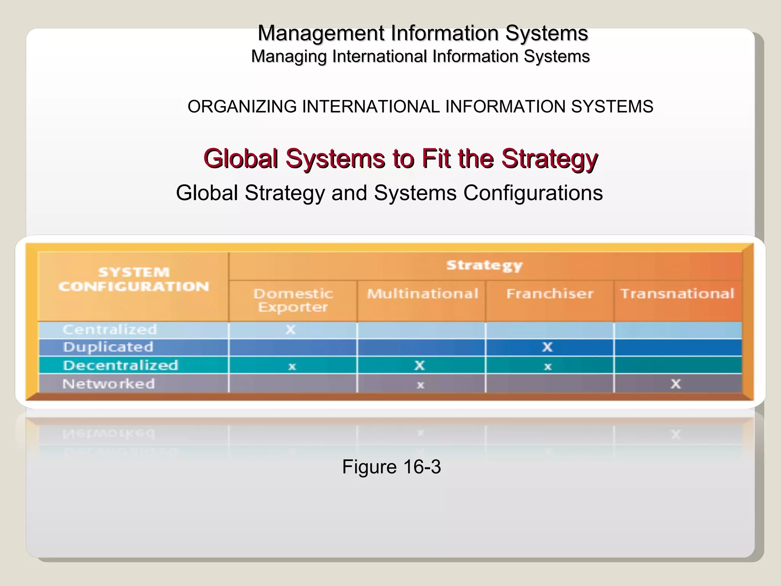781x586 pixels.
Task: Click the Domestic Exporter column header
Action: click(293, 300)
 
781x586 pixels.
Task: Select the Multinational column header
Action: click(422, 293)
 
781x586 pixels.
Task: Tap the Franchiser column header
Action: click(550, 293)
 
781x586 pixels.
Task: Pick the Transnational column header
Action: click(677, 293)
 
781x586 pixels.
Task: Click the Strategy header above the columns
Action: click(484, 266)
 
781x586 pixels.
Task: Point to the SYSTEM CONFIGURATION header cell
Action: click(134, 279)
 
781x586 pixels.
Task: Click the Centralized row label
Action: click(110, 330)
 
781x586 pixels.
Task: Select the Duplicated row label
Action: click(108, 347)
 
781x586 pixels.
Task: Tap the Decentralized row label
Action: click(121, 365)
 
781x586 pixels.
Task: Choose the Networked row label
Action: click(109, 384)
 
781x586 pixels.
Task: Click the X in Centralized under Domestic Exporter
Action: click(291, 330)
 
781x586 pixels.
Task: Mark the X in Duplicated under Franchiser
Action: click(548, 347)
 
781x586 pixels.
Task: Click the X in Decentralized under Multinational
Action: click(419, 365)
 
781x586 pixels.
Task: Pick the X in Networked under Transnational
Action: click(676, 384)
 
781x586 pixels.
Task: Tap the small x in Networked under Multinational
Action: click(420, 385)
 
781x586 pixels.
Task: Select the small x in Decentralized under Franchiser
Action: click(548, 367)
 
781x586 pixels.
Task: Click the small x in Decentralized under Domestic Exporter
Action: click(292, 367)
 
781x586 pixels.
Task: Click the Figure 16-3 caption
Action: click(391, 467)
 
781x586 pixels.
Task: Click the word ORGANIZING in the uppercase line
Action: click(242, 106)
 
